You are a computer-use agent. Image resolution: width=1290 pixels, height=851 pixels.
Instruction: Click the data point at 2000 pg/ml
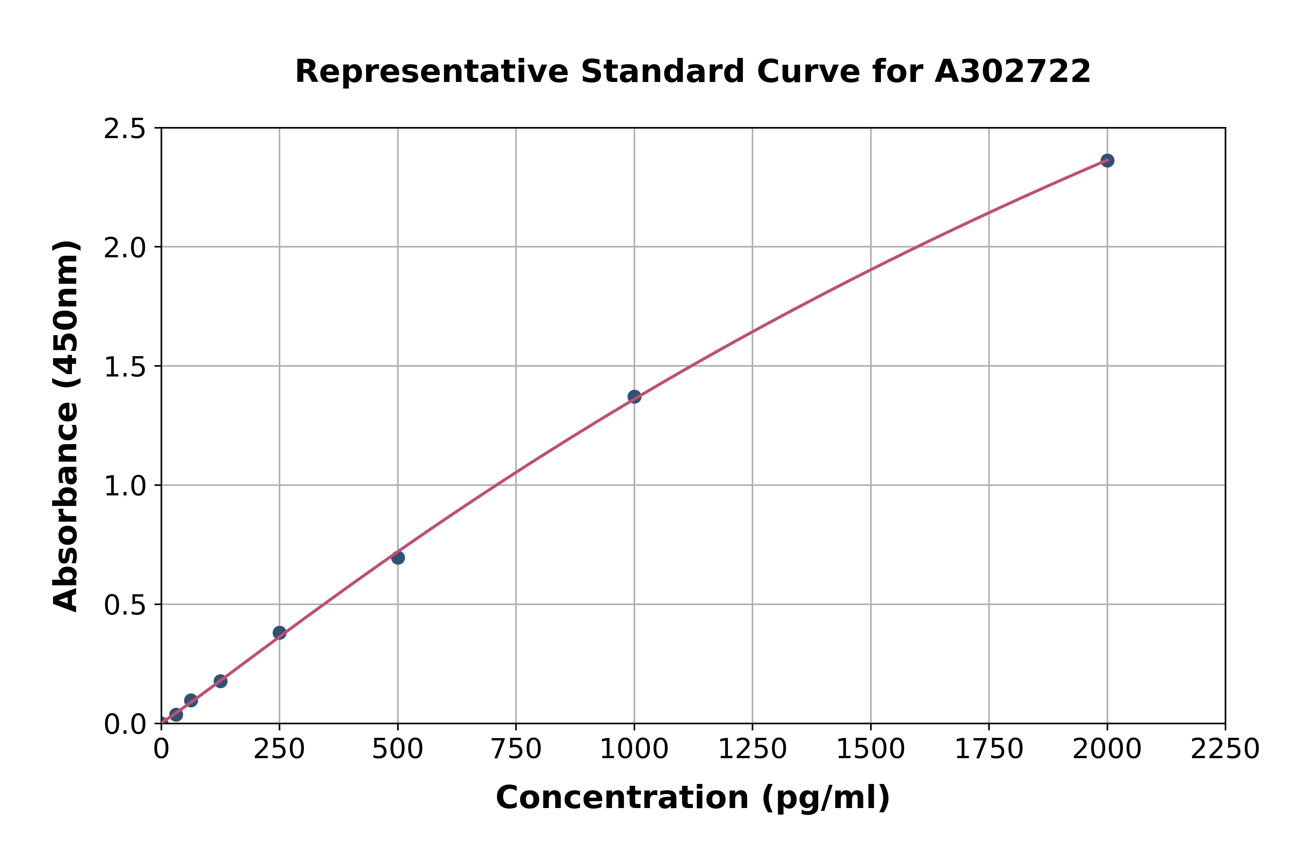coord(1107,161)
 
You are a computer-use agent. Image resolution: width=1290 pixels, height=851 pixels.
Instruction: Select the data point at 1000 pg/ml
coord(634,397)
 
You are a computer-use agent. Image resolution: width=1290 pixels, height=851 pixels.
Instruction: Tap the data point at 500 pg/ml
coord(398,557)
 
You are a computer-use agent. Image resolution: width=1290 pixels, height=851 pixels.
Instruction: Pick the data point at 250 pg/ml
coord(279,632)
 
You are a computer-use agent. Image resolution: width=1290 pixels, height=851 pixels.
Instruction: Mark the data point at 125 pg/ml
coord(220,681)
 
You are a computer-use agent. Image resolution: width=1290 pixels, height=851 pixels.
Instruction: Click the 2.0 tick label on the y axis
coord(125,248)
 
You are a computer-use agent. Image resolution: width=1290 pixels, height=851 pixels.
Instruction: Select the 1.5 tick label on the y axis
coord(125,367)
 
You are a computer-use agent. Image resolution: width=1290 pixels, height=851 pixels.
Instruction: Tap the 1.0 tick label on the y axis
coord(125,486)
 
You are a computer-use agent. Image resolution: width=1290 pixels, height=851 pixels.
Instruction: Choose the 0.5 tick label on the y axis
coord(125,605)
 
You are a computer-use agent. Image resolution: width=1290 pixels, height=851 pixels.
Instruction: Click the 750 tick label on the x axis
coord(516,750)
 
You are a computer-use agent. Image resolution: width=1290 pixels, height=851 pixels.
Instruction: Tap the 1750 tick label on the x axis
coord(989,750)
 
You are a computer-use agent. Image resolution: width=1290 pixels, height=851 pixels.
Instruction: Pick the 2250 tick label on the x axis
coord(1225,750)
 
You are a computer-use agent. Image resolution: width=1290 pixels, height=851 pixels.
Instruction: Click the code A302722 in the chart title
coord(1013,72)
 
